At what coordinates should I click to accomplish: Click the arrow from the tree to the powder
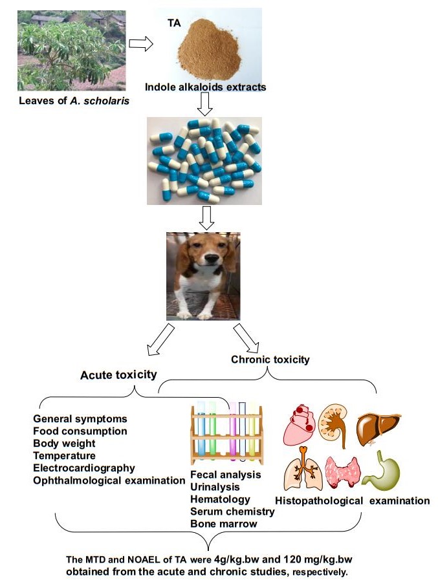[x=140, y=44]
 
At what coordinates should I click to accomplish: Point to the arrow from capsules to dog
[x=205, y=219]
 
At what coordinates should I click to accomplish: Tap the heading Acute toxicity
[x=118, y=374]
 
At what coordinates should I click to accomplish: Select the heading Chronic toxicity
[x=270, y=359]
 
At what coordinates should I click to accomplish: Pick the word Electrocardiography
[x=84, y=468]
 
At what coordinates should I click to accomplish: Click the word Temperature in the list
[x=64, y=455]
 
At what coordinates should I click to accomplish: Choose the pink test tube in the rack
[x=233, y=427]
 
